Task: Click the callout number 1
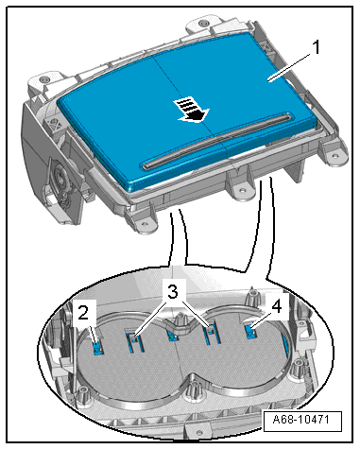click(x=316, y=47)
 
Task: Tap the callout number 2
click(x=83, y=313)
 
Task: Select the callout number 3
click(x=172, y=292)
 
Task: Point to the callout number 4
click(x=276, y=306)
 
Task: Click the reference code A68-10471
click(x=302, y=420)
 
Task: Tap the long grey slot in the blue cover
click(x=216, y=140)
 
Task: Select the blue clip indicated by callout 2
click(x=98, y=347)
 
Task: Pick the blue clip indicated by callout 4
click(x=250, y=332)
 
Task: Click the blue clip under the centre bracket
click(x=172, y=337)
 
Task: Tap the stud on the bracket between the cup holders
click(x=180, y=319)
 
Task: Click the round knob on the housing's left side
click(x=60, y=177)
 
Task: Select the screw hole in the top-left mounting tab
click(x=44, y=78)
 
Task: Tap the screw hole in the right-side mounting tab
click(x=335, y=155)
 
